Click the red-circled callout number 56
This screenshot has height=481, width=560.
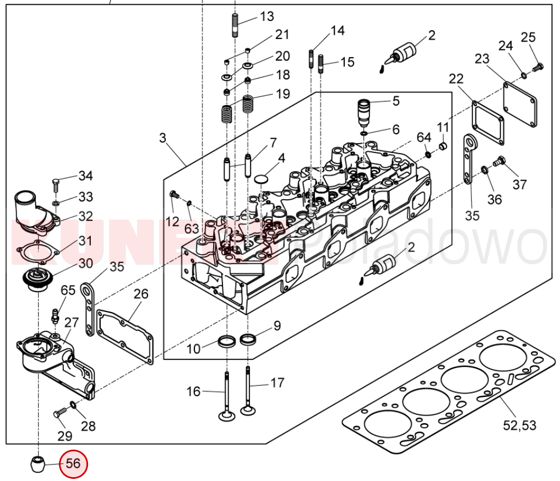pyautogui.click(x=73, y=464)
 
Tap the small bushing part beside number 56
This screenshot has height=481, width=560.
pyautogui.click(x=37, y=463)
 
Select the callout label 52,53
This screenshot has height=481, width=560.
pyautogui.click(x=519, y=425)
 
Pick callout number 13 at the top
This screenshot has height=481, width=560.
pyautogui.click(x=267, y=17)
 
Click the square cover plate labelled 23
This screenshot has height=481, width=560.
pyautogui.click(x=520, y=104)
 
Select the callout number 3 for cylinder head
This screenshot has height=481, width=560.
pyautogui.click(x=162, y=138)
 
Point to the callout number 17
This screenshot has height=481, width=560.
pyautogui.click(x=278, y=382)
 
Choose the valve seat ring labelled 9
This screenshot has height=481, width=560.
pyautogui.click(x=249, y=338)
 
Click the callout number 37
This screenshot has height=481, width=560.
pyautogui.click(x=520, y=184)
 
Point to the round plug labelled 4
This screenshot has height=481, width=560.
pyautogui.click(x=261, y=179)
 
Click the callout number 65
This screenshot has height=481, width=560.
pyautogui.click(x=68, y=291)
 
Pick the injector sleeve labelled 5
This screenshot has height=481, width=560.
pyautogui.click(x=365, y=112)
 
